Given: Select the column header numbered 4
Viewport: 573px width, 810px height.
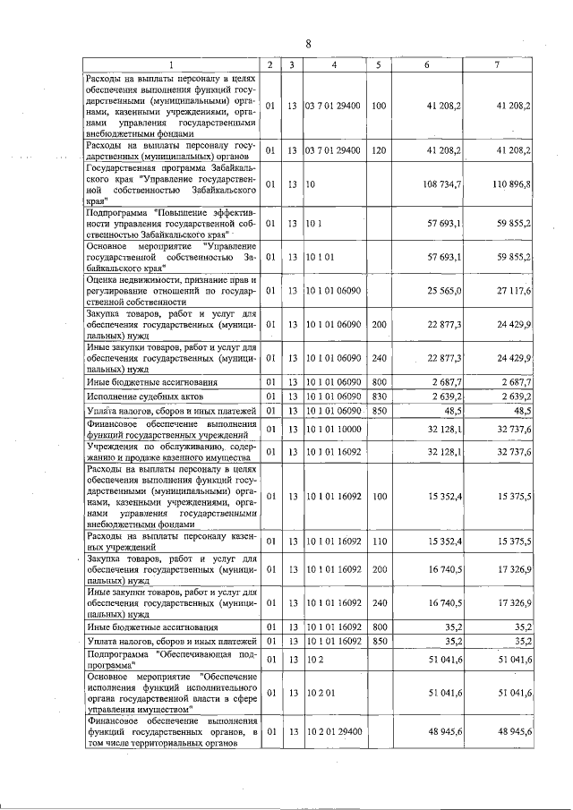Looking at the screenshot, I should (334, 65).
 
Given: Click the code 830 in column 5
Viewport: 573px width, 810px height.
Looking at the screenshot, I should (379, 396).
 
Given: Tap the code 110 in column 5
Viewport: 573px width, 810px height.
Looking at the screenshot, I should (379, 542).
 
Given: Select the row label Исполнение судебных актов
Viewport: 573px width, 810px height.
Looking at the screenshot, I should (143, 396).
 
